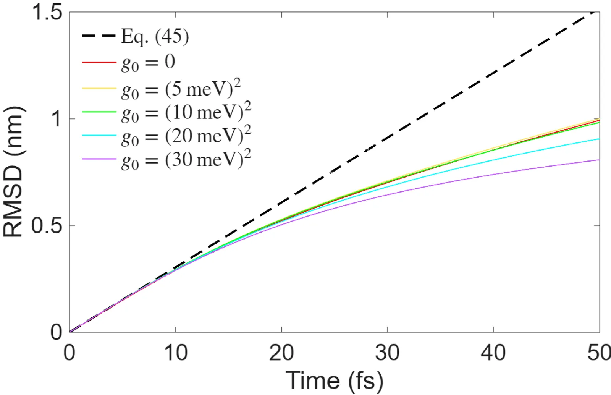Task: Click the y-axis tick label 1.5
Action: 47,12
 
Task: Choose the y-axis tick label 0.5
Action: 47,225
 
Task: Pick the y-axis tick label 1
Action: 57,119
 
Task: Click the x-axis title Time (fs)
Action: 335,380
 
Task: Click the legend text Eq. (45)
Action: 155,37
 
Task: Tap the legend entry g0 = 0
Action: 148,63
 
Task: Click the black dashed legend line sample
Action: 99,36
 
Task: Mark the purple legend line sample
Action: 99,158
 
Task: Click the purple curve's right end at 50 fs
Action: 598,160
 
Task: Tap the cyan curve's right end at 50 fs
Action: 598,139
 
